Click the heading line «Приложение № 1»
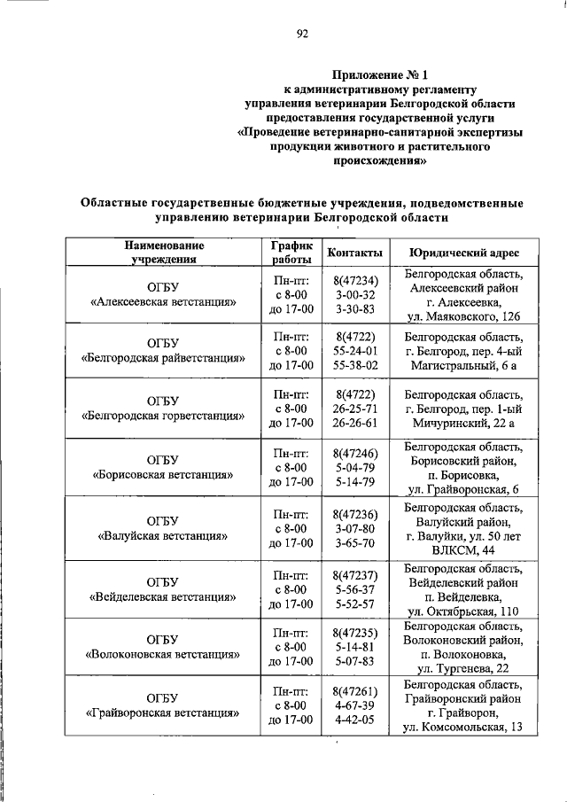pyautogui.click(x=379, y=74)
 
